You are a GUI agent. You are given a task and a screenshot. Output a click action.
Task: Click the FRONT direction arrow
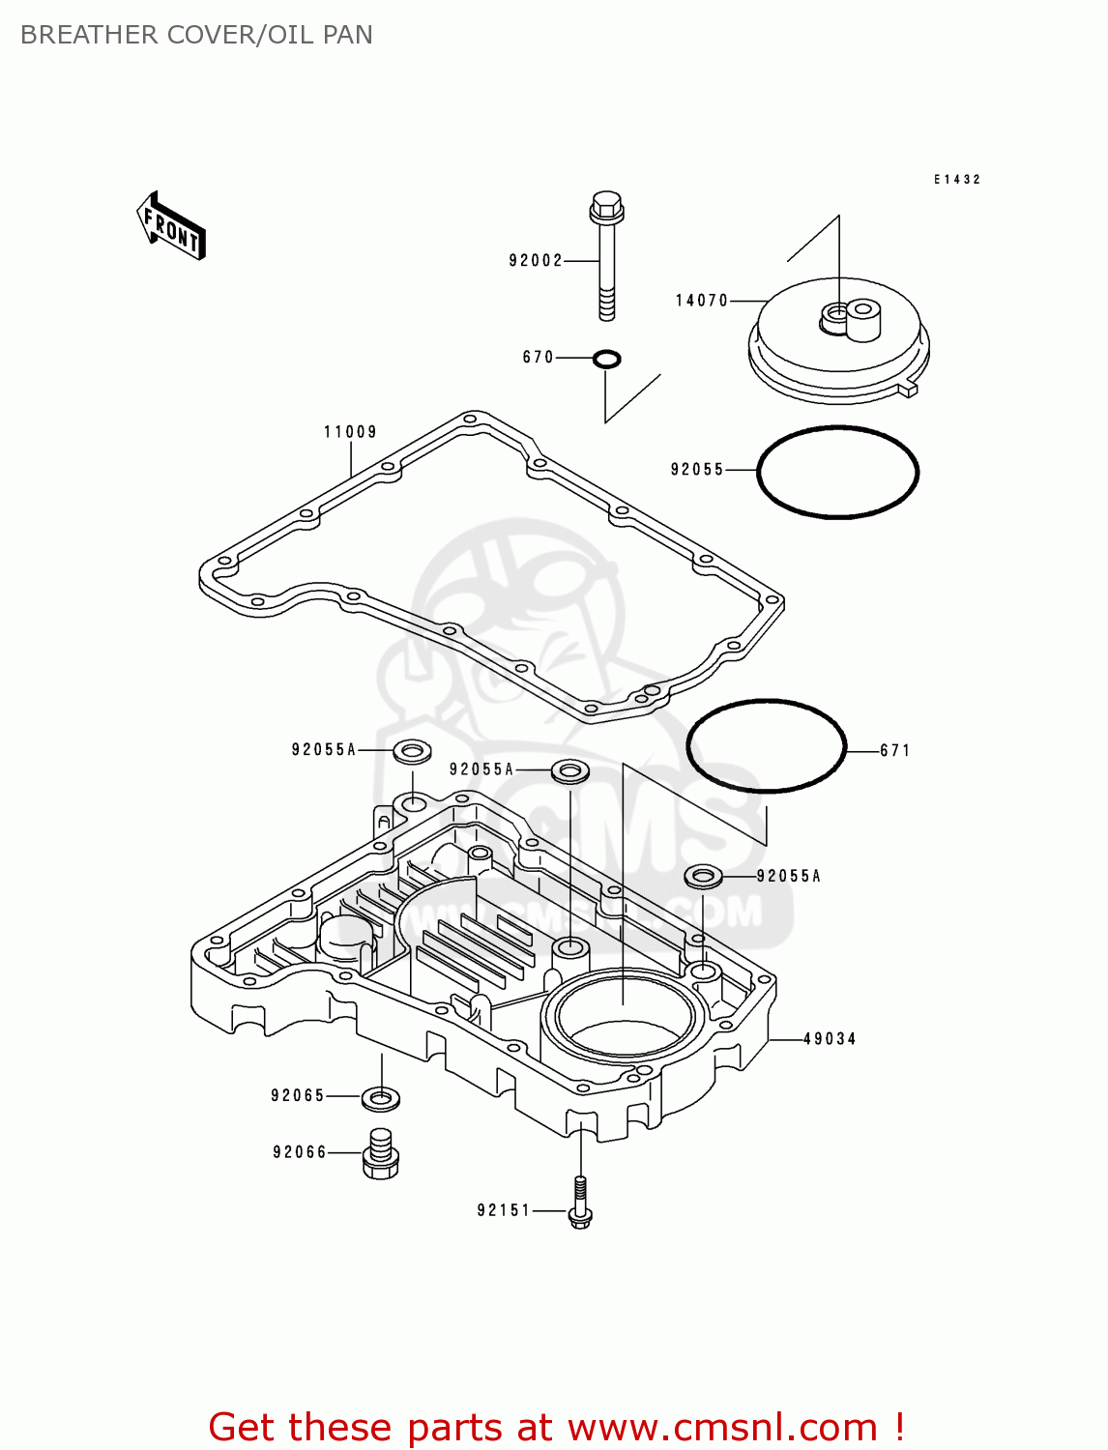tap(171, 226)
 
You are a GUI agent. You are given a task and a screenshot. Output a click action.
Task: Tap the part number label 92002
tap(536, 261)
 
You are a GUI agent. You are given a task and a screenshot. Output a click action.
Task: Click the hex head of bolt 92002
tap(606, 205)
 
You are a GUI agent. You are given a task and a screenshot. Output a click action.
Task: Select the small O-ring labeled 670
tap(606, 360)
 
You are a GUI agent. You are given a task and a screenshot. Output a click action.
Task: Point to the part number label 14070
tap(702, 301)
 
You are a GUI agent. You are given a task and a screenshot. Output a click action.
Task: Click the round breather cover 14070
tap(838, 348)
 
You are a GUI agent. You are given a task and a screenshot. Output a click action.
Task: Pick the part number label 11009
tap(350, 432)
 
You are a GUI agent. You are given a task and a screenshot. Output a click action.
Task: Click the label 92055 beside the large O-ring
tap(697, 470)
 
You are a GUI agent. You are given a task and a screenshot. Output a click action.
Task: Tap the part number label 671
tap(894, 750)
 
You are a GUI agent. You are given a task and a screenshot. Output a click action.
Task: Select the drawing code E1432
tap(957, 180)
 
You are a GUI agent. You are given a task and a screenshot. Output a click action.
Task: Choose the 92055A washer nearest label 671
tap(703, 877)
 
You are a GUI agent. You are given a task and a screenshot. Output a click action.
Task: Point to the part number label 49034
tap(830, 1039)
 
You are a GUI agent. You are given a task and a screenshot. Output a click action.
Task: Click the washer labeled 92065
tap(381, 1098)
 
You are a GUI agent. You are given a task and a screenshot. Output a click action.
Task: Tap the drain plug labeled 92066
tap(381, 1154)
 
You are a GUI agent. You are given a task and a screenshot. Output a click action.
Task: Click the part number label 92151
tap(504, 1210)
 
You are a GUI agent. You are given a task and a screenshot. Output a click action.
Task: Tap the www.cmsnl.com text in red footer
tap(721, 1427)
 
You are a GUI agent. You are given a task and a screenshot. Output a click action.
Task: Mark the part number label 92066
tap(300, 1152)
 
